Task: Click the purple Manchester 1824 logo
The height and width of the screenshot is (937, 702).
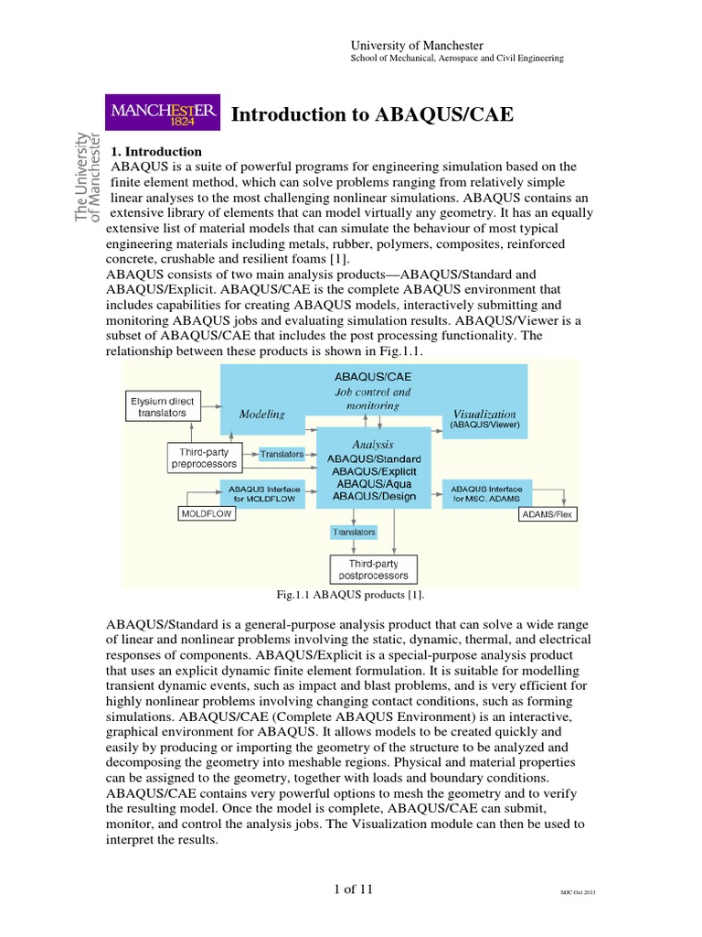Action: (164, 114)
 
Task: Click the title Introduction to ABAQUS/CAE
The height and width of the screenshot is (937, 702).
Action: (372, 114)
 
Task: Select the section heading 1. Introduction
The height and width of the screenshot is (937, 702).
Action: (156, 151)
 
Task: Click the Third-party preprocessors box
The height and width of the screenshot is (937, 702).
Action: (205, 458)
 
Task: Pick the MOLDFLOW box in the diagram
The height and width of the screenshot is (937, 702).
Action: (205, 514)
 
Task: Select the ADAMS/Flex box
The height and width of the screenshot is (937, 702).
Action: (548, 514)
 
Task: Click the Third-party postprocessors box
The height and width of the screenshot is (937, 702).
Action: (371, 569)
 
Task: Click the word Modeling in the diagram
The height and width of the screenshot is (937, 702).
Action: (261, 414)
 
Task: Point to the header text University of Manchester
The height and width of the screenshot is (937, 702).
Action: (418, 46)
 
